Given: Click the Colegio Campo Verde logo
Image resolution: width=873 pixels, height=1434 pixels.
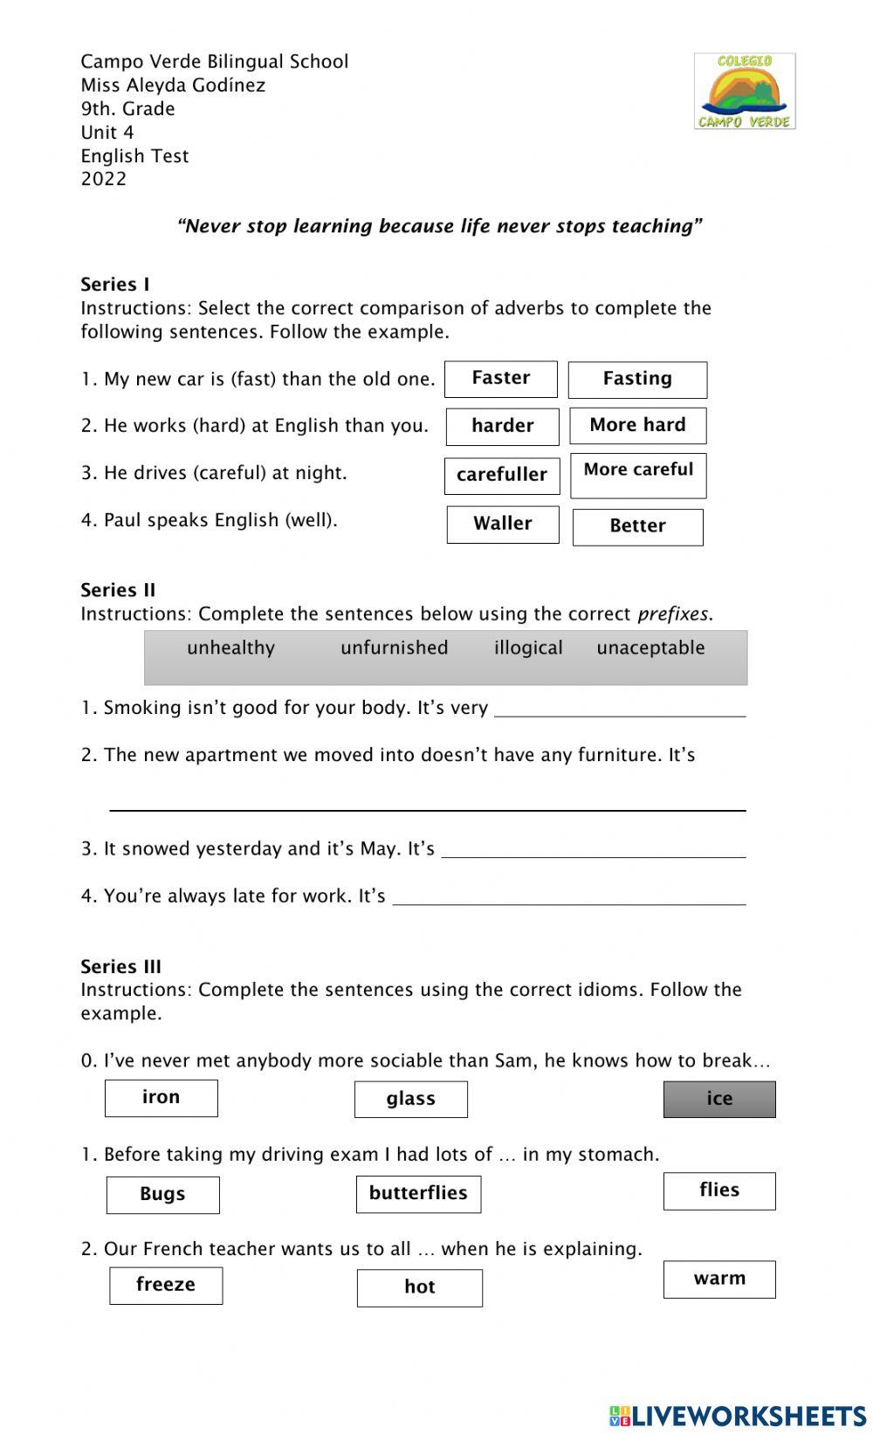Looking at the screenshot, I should pyautogui.click(x=745, y=91).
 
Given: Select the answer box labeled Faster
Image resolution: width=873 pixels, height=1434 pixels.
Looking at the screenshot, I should pyautogui.click(x=500, y=379).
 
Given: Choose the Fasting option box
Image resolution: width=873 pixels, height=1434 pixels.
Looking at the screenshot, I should pyautogui.click(x=637, y=380).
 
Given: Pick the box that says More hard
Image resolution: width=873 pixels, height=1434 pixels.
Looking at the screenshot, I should pyautogui.click(x=637, y=426).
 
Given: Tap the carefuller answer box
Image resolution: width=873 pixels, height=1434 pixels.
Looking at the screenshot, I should pyautogui.click(x=502, y=476).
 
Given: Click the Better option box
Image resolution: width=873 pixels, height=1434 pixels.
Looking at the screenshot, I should pyautogui.click(x=637, y=527).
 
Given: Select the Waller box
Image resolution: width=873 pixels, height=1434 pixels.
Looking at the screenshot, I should pyautogui.click(x=502, y=525).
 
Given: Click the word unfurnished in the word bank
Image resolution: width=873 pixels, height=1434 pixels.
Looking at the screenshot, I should pyautogui.click(x=394, y=648).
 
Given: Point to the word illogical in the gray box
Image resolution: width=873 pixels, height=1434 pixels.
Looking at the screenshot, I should pyautogui.click(x=528, y=648).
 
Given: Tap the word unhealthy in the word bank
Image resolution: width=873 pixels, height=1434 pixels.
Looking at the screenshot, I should pyautogui.click(x=230, y=648).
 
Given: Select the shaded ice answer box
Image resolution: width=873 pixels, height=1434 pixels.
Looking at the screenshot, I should pyautogui.click(x=718, y=1099).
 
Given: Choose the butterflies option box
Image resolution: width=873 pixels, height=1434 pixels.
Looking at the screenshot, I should pyautogui.click(x=418, y=1194).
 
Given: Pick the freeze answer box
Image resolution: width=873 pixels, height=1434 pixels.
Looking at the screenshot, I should pyautogui.click(x=166, y=1286).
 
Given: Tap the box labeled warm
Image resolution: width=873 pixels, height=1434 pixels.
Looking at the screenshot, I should pyautogui.click(x=718, y=1280).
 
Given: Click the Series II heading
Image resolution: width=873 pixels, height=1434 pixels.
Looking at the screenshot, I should pyautogui.click(x=118, y=590).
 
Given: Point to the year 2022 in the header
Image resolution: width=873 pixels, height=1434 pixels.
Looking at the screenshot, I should pyautogui.click(x=104, y=179).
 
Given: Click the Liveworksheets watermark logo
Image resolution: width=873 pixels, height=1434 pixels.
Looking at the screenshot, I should pyautogui.click(x=738, y=1415).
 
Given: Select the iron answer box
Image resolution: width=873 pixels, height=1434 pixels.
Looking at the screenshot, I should pyautogui.click(x=161, y=1098).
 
